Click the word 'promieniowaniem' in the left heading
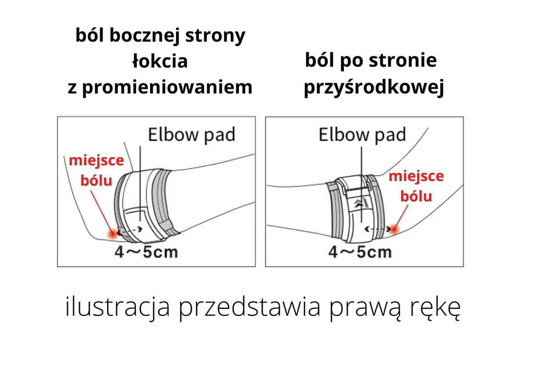click(167, 87)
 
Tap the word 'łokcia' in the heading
click(160, 61)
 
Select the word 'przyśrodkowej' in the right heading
click(374, 88)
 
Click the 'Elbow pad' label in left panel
click(191, 135)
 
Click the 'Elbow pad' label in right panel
click(362, 135)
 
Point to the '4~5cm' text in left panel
click(146, 252)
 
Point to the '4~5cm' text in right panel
click(360, 252)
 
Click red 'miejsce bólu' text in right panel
click(416, 186)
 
